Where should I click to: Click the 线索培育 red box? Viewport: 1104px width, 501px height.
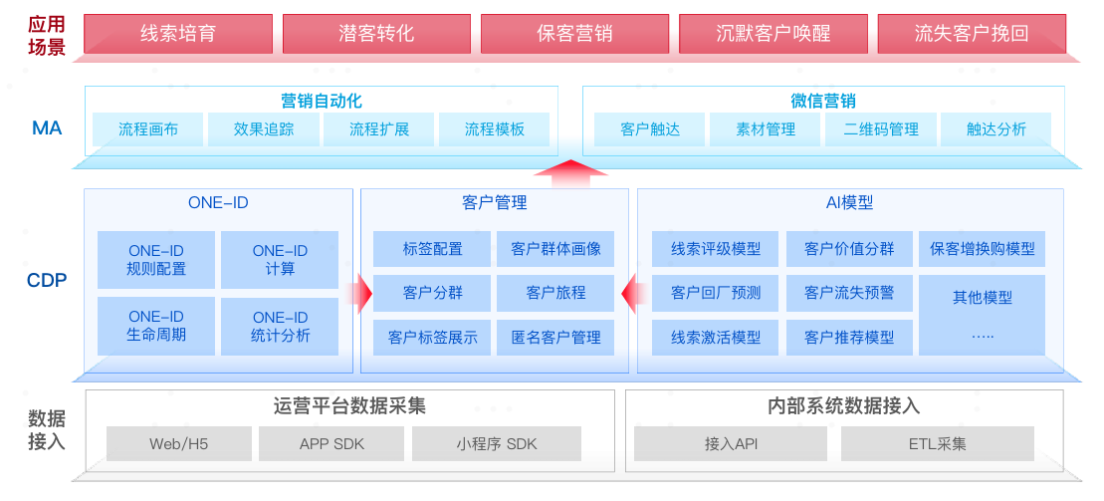177,33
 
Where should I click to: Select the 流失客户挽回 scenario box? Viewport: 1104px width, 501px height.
971,33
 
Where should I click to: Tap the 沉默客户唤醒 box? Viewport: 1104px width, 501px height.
773,33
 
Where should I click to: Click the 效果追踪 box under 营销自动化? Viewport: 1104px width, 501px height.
264,129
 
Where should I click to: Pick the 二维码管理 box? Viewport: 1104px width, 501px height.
881,129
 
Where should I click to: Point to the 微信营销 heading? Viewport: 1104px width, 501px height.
823,101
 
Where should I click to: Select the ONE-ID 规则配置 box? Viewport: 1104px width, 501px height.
156,260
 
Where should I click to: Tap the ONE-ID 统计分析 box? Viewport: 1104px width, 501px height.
280,327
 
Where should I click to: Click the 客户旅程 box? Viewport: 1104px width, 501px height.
555,293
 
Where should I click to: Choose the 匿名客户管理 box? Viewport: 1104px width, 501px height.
555,338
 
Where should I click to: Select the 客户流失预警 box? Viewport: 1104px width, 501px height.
849,293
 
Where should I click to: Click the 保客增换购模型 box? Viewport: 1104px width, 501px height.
982,249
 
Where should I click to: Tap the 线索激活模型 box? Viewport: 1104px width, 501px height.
716,338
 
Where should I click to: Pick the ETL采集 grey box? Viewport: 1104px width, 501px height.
937,444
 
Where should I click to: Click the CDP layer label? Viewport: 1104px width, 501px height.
47,281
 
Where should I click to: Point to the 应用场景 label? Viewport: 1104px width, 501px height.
47,35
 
